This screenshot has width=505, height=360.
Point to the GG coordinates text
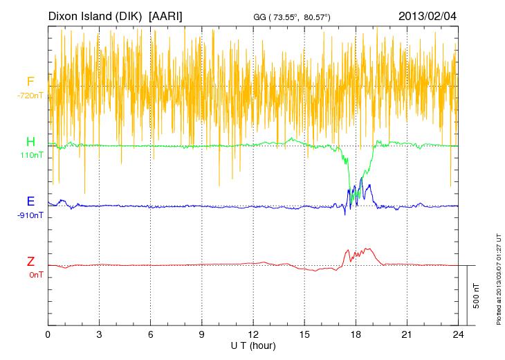291,17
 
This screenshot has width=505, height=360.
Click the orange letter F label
30,82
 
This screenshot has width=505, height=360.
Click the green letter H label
30,143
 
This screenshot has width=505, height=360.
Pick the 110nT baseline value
32,156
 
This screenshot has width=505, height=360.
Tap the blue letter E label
30,201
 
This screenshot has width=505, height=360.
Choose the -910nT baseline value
30,215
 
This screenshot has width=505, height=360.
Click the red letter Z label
30,262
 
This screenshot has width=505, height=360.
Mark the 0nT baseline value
35,275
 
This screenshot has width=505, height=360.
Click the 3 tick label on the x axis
99,334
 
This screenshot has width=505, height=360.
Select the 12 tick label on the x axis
253,334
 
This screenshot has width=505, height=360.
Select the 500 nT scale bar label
477,296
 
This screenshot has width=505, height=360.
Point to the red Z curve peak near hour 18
367,249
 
